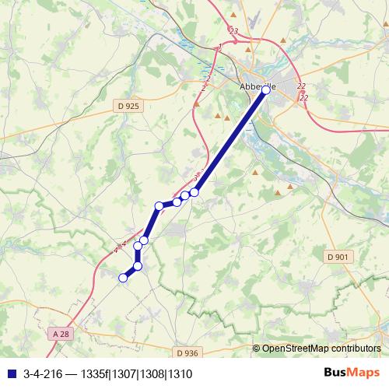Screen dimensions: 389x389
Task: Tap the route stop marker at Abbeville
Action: tap(266, 90)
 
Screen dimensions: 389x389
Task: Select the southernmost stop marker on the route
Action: tap(122, 278)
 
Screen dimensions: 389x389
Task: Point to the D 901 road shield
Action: tap(337, 257)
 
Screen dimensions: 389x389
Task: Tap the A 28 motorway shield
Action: tap(61, 334)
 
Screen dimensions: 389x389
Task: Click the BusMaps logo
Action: tap(351, 373)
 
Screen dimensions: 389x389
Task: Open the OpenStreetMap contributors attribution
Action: tap(321, 348)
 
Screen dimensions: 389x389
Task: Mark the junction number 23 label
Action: tap(233, 31)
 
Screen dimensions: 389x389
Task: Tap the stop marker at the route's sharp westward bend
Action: tap(159, 206)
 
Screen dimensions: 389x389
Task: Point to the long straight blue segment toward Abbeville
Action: tap(230, 141)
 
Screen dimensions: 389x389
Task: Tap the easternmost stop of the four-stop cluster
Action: tap(194, 192)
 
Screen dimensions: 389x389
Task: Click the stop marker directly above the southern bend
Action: tap(138, 247)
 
